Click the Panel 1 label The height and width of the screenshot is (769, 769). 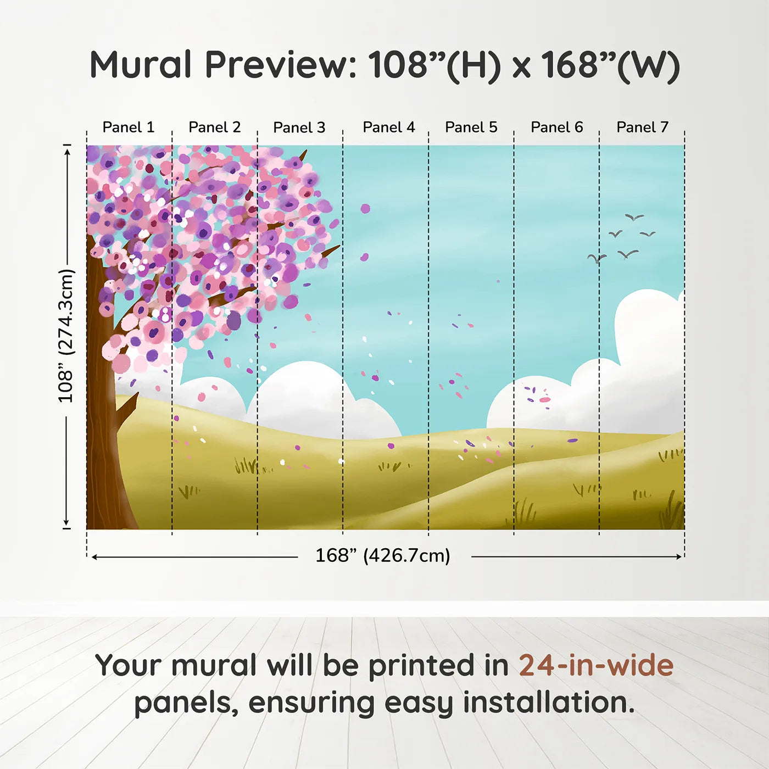(129, 127)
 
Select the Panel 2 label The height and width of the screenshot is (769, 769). (214, 127)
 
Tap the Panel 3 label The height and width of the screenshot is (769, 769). (299, 127)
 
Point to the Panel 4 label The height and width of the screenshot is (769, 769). (389, 127)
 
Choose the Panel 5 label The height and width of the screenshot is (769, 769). (471, 127)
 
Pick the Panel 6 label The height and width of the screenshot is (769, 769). (556, 127)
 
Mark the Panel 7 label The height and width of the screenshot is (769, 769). (642, 127)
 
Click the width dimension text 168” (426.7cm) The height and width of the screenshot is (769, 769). (383, 556)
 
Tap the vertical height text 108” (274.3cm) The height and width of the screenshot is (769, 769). (66, 336)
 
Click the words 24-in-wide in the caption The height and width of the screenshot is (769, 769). (596, 666)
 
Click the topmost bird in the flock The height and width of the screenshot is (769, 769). (634, 218)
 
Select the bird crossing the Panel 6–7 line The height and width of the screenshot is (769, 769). (597, 258)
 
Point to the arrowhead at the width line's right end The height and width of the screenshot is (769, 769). (679, 557)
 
